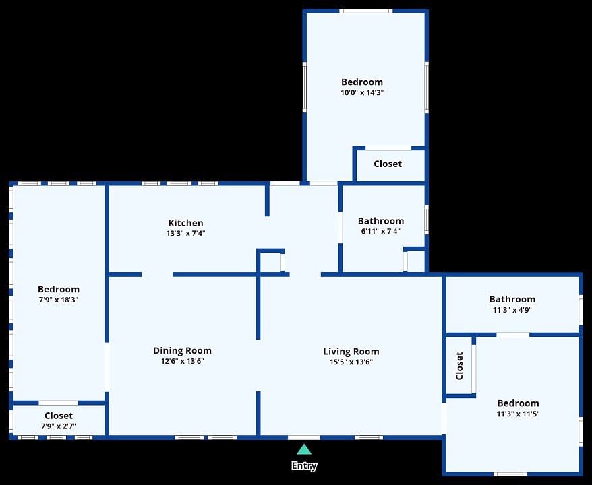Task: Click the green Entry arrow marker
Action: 304,449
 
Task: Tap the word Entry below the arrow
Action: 304,466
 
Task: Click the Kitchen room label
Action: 185,223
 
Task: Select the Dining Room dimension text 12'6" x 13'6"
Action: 182,361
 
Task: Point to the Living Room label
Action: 351,352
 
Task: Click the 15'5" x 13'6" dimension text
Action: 351,362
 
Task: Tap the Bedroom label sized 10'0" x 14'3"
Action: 362,82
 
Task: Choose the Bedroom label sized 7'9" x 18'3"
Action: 59,289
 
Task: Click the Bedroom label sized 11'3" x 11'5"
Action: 518,403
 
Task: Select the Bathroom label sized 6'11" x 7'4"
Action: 381,221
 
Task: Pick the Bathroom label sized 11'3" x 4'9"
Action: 512,300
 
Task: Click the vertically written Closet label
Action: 459,366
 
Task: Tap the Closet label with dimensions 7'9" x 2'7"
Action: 59,416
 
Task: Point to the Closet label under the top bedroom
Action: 388,164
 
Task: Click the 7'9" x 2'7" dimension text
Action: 59,426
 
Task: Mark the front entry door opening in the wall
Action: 304,437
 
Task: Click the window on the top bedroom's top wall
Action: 365,11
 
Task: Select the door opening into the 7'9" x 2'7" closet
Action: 58,403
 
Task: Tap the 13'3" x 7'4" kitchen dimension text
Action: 185,233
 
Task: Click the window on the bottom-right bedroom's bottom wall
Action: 510,474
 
